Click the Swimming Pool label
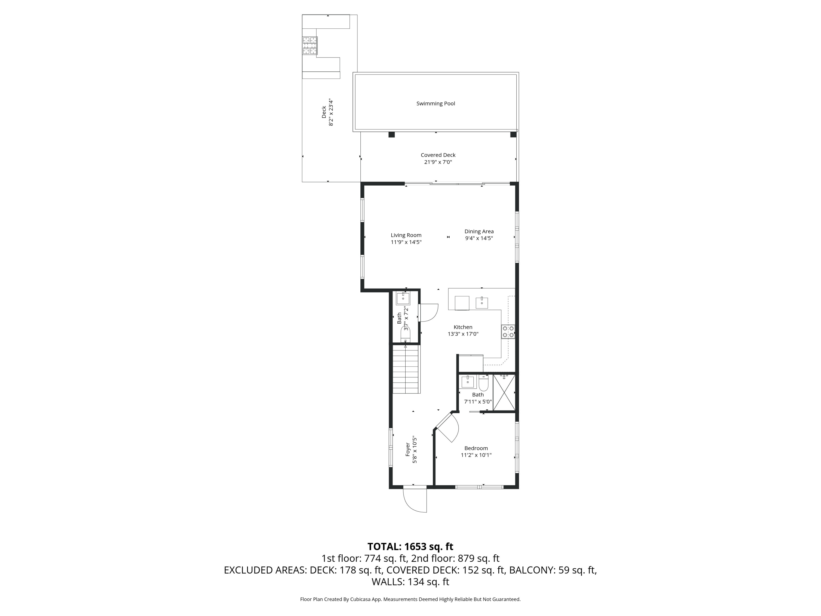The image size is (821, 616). (x=435, y=103)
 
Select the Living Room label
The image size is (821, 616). (x=406, y=235)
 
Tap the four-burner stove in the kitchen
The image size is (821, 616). (x=508, y=332)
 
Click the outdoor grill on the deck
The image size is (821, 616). (x=310, y=45)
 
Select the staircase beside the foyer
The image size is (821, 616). (x=406, y=369)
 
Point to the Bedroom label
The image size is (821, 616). (x=476, y=448)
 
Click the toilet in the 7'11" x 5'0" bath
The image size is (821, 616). (x=483, y=383)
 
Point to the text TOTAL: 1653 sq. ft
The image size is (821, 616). (x=410, y=546)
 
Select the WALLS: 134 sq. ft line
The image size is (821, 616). (x=410, y=582)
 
